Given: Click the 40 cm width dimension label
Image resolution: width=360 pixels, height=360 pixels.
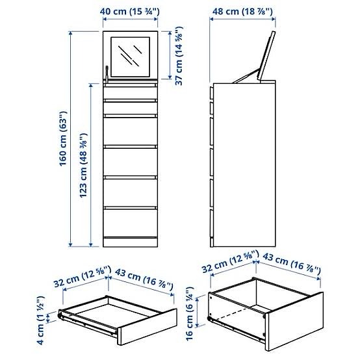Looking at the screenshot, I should (130, 11).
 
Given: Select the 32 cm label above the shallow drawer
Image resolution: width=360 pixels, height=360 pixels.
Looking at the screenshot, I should (80, 278).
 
